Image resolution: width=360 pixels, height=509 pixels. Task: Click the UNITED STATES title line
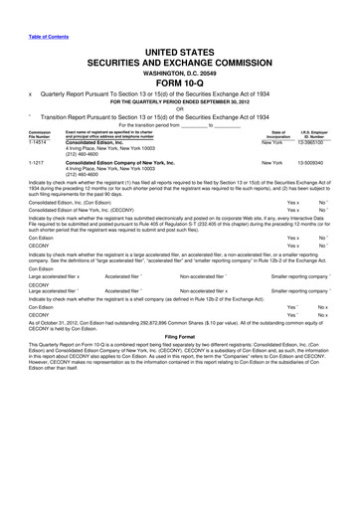pos(179,47)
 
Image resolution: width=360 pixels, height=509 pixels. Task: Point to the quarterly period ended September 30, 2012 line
pos(179,107)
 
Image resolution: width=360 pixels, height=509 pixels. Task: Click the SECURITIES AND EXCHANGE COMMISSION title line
pos(179,59)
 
